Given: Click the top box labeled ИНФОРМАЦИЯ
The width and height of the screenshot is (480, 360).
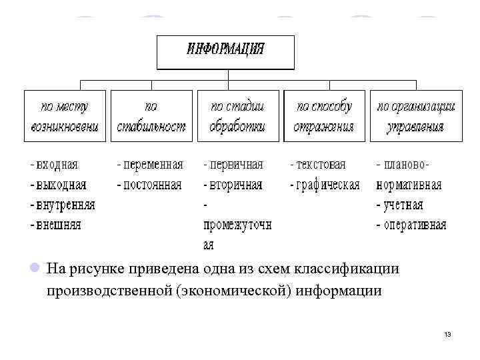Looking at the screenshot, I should point(226,52).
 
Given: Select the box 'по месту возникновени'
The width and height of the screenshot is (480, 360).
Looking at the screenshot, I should point(65,115).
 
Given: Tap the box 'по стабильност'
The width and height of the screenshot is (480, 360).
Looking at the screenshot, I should point(151,115).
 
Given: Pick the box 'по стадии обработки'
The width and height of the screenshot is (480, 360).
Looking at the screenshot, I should point(237,115).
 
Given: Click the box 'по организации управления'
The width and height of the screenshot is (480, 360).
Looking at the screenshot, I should point(416,115).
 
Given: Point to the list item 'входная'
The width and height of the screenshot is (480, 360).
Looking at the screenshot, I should point(57,165).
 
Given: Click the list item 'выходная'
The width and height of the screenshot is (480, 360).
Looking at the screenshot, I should point(61,185).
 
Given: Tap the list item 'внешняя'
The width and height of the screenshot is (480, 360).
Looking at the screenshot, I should point(58,225).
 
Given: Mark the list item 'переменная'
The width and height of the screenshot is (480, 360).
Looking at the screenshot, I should point(152,165).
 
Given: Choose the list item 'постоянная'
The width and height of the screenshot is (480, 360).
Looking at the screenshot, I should point(151,185).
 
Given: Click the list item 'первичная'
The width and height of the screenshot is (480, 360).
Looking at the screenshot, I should point(236,165).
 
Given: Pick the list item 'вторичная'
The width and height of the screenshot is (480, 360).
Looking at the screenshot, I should point(236,185).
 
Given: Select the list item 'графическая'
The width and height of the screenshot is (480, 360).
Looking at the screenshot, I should point(327,185).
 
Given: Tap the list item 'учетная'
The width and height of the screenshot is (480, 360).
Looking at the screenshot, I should point(402,205).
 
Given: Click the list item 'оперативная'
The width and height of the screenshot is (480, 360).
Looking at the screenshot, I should point(414,225).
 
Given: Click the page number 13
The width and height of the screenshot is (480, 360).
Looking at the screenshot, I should point(447,334).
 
